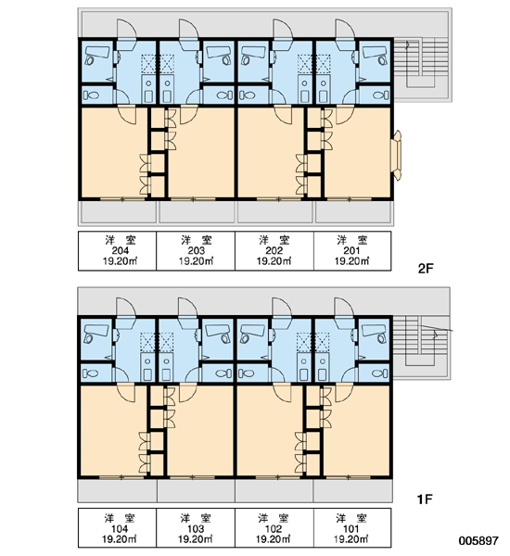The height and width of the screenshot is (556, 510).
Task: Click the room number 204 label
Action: [121, 251]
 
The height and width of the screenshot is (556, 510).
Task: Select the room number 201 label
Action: [351, 251]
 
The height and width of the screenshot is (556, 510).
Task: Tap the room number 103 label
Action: [196, 529]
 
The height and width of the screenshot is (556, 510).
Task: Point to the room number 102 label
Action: [274, 529]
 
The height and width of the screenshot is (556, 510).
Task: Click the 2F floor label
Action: [426, 269]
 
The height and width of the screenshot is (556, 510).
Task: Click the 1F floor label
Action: [425, 499]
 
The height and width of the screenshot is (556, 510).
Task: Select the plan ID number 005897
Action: [478, 540]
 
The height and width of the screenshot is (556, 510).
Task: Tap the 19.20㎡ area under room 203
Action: [196, 261]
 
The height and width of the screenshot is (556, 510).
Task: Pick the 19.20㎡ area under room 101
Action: [351, 539]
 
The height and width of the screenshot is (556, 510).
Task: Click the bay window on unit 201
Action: [398, 156]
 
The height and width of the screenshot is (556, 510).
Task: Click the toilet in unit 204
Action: [91, 95]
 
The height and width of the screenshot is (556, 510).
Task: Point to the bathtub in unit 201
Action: [376, 55]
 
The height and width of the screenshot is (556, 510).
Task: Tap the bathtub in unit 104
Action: [96, 334]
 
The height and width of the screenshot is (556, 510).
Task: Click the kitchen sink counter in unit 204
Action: [148, 88]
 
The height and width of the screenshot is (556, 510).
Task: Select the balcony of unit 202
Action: [275, 212]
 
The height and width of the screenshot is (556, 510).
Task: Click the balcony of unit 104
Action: [117, 490]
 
